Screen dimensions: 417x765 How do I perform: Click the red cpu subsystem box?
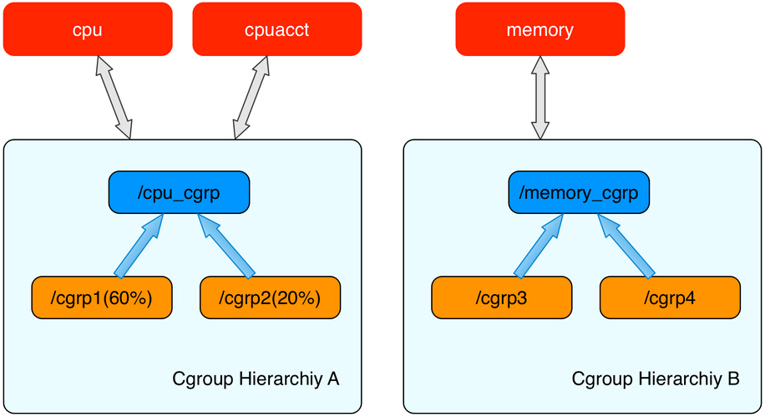pyautogui.click(x=88, y=30)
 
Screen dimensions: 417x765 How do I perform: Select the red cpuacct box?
pyautogui.click(x=277, y=30)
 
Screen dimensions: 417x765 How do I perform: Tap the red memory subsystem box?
pyautogui.click(x=540, y=30)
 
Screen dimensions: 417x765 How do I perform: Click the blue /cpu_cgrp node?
pyautogui.click(x=179, y=192)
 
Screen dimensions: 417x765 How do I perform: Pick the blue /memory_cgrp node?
pyautogui.click(x=579, y=192)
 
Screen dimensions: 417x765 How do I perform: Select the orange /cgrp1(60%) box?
pyautogui.click(x=102, y=297)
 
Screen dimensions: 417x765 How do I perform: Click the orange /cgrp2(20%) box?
pyautogui.click(x=270, y=297)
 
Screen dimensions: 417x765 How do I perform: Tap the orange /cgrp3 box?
pyautogui.click(x=501, y=297)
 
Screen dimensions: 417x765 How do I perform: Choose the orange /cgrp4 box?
pyautogui.click(x=670, y=297)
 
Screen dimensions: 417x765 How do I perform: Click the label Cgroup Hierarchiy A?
pyautogui.click(x=255, y=379)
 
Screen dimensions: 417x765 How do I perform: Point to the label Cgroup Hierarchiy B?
pyautogui.click(x=656, y=379)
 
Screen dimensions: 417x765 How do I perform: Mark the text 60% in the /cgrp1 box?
pyautogui.click(x=129, y=297)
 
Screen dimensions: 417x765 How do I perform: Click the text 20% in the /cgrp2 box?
pyautogui.click(x=298, y=297)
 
